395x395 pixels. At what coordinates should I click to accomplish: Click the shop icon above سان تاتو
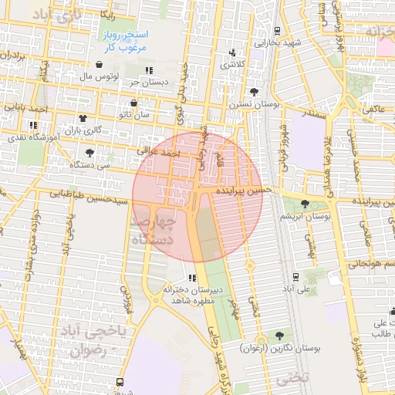[x=133, y=103]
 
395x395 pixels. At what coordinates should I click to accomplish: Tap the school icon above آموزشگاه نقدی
[x=32, y=125]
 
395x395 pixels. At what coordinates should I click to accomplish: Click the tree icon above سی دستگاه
[x=90, y=153]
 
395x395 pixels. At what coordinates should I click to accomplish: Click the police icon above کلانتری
[x=232, y=53]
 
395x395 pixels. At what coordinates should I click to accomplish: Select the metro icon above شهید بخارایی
[x=276, y=32]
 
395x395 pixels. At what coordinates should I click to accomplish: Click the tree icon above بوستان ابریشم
[x=306, y=204]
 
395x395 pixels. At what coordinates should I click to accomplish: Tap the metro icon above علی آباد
[x=295, y=276]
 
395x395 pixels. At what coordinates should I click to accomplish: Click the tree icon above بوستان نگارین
[x=279, y=336]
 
